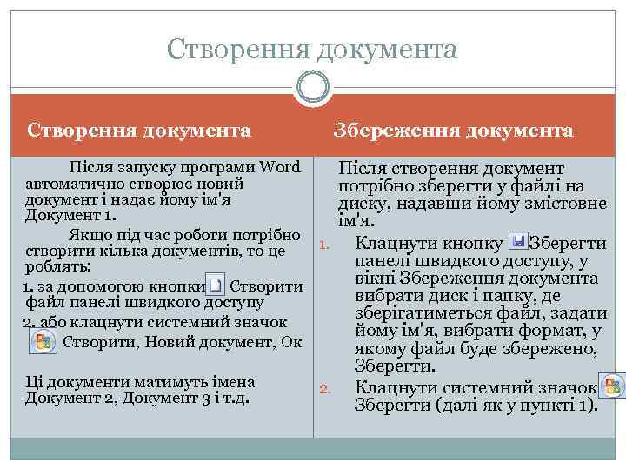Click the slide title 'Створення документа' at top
coord(312,50)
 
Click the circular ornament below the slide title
coord(312,87)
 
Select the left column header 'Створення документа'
coord(139,131)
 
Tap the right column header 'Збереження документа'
coord(454,131)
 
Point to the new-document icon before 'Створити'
coord(216,285)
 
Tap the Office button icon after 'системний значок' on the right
coord(613,386)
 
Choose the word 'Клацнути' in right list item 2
coord(392,387)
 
